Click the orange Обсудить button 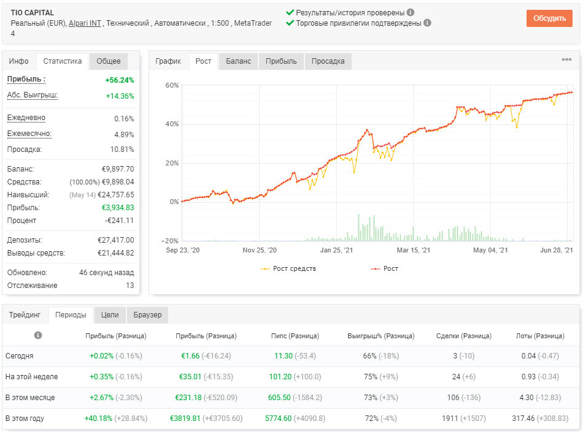tap(549, 18)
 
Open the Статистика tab tap(63, 61)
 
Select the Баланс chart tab tap(238, 61)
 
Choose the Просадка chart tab tap(328, 61)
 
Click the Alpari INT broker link tap(85, 23)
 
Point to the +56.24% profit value tap(119, 80)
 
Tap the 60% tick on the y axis tap(172, 85)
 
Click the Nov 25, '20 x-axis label tap(260, 250)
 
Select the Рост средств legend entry tap(288, 268)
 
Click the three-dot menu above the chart tap(566, 59)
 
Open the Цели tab tap(110, 315)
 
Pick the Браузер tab tap(148, 315)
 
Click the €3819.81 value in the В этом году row tap(185, 419)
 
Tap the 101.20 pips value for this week tap(280, 377)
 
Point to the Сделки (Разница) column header tap(464, 336)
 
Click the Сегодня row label tap(20, 356)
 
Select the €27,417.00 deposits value tap(115, 240)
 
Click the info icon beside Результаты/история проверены tap(411, 12)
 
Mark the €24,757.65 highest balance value tap(115, 195)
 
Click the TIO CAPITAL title tap(33, 13)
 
